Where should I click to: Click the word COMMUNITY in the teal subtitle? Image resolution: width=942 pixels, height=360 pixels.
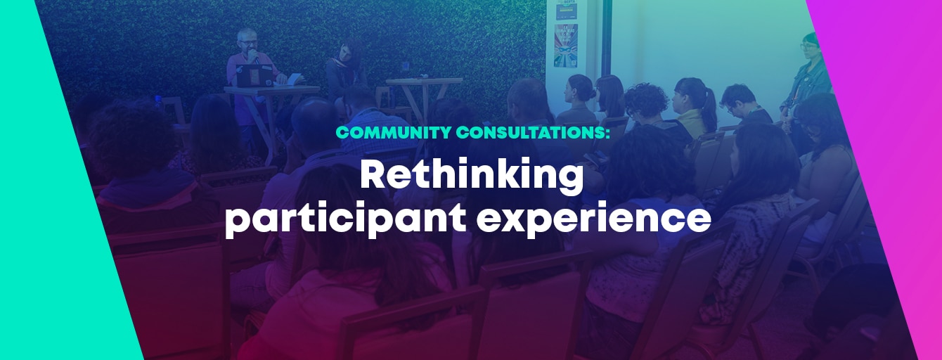tap(394, 132)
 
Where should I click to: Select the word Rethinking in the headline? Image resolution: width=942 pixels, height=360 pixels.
tap(472, 176)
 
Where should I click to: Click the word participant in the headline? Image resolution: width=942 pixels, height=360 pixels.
tap(345, 219)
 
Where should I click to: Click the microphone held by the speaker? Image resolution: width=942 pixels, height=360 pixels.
tap(253, 56)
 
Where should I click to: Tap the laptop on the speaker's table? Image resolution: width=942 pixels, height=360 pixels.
tap(254, 76)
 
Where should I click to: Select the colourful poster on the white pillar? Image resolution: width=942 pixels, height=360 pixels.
tap(566, 46)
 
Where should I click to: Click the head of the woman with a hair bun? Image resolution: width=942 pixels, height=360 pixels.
tap(581, 89)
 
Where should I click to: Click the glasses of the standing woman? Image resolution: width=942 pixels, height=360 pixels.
tap(808, 46)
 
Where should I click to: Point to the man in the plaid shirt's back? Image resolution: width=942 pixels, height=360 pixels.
tap(374, 130)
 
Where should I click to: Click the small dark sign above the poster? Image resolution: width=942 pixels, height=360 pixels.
tap(567, 10)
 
